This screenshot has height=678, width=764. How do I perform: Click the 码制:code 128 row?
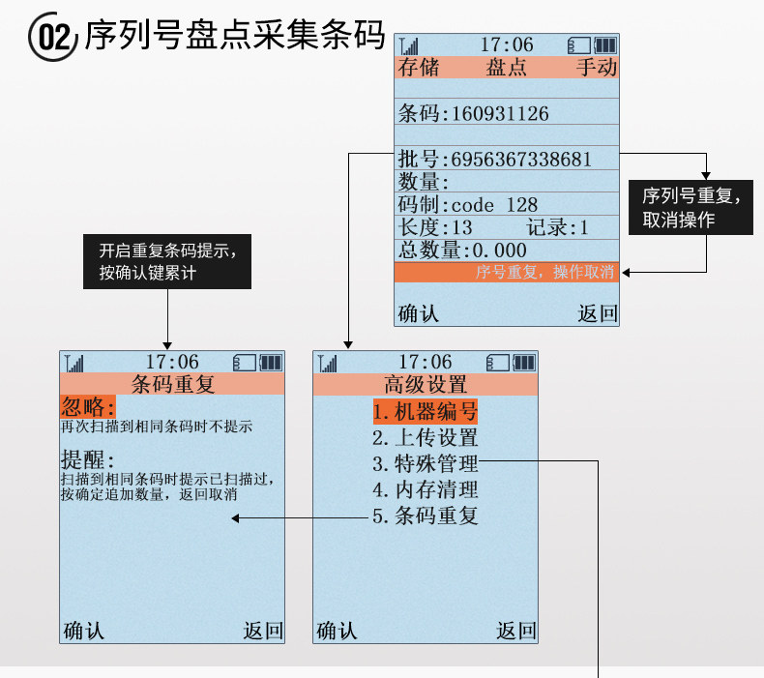(469, 204)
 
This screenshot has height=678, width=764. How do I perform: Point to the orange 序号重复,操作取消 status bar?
(507, 273)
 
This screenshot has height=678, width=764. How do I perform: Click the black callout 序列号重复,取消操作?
(691, 208)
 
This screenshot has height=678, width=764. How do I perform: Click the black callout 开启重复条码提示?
(167, 261)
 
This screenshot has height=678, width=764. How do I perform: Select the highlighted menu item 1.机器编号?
(426, 412)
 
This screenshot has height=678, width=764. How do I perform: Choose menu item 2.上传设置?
(426, 438)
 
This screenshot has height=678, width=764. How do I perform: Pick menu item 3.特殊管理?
(426, 464)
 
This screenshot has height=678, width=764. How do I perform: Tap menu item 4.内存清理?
(426, 489)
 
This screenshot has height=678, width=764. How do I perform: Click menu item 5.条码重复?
(426, 516)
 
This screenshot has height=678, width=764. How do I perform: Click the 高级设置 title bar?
(426, 385)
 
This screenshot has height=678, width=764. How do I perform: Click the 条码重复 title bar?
(172, 385)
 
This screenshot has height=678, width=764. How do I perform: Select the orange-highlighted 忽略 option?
(88, 406)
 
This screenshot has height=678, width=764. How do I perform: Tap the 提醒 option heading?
(88, 459)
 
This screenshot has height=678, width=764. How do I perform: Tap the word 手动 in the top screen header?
(596, 68)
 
